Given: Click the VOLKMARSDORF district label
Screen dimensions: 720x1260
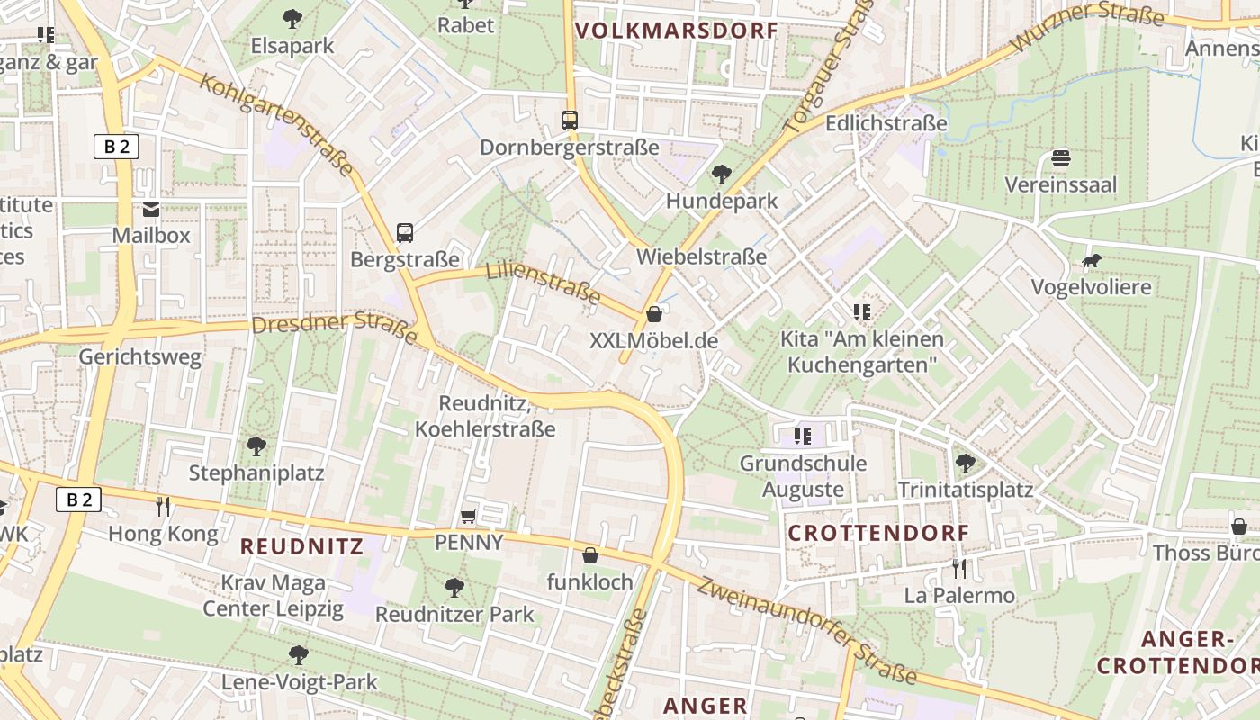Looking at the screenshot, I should [x=676, y=30].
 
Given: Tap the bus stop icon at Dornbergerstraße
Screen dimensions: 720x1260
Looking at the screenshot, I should [x=570, y=120].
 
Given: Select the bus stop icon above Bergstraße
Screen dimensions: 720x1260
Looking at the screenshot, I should [x=405, y=233].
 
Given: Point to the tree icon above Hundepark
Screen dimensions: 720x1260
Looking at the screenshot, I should [x=721, y=174].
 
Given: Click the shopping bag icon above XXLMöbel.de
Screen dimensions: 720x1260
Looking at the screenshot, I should [x=654, y=314].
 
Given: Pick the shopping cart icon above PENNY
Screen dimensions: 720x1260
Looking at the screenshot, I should [x=468, y=516].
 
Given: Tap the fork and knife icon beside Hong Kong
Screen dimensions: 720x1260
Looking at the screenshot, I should [x=163, y=507].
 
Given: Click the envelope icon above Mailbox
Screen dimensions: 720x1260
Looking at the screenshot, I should [x=151, y=210].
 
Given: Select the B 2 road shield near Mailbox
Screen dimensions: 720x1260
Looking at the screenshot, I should [x=117, y=147].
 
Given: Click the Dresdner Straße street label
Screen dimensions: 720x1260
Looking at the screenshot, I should [x=335, y=328].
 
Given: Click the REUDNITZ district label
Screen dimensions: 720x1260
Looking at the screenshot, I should [x=301, y=545].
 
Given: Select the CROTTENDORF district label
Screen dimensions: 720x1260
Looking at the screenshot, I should [x=878, y=533].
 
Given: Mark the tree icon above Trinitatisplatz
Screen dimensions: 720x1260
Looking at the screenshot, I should [x=966, y=463].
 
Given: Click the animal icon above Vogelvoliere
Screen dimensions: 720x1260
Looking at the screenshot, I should [x=1091, y=262].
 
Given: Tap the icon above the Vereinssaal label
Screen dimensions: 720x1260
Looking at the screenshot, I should [x=1061, y=158].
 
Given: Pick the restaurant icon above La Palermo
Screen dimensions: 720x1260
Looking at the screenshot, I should [x=959, y=568].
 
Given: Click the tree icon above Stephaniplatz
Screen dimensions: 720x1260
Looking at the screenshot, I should [x=256, y=445].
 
